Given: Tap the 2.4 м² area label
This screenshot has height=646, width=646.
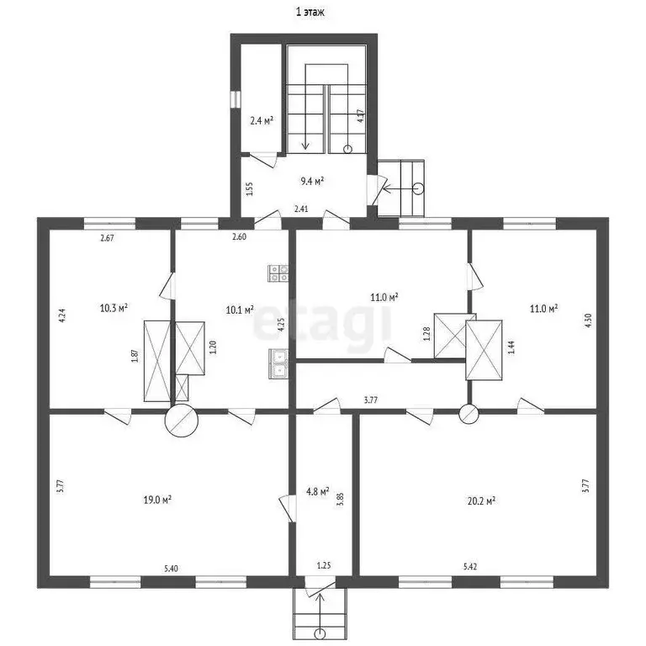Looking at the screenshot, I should [262, 121].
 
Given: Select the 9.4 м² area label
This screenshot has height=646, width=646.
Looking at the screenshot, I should [313, 180].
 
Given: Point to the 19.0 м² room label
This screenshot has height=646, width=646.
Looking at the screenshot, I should [157, 499].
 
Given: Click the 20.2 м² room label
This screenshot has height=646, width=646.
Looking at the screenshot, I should [480, 499].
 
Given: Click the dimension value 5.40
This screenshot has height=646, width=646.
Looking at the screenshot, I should [171, 569].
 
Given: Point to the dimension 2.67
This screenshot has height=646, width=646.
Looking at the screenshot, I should [108, 239].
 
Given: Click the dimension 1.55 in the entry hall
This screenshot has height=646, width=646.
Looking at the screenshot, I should [250, 188].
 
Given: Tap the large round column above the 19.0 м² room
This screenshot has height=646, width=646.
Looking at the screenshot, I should [182, 421].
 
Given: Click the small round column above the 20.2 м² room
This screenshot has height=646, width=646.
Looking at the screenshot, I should [469, 413].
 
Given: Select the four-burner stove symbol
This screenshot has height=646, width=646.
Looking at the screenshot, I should [278, 272].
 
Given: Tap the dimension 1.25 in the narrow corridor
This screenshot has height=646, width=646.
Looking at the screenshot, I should [323, 567].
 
